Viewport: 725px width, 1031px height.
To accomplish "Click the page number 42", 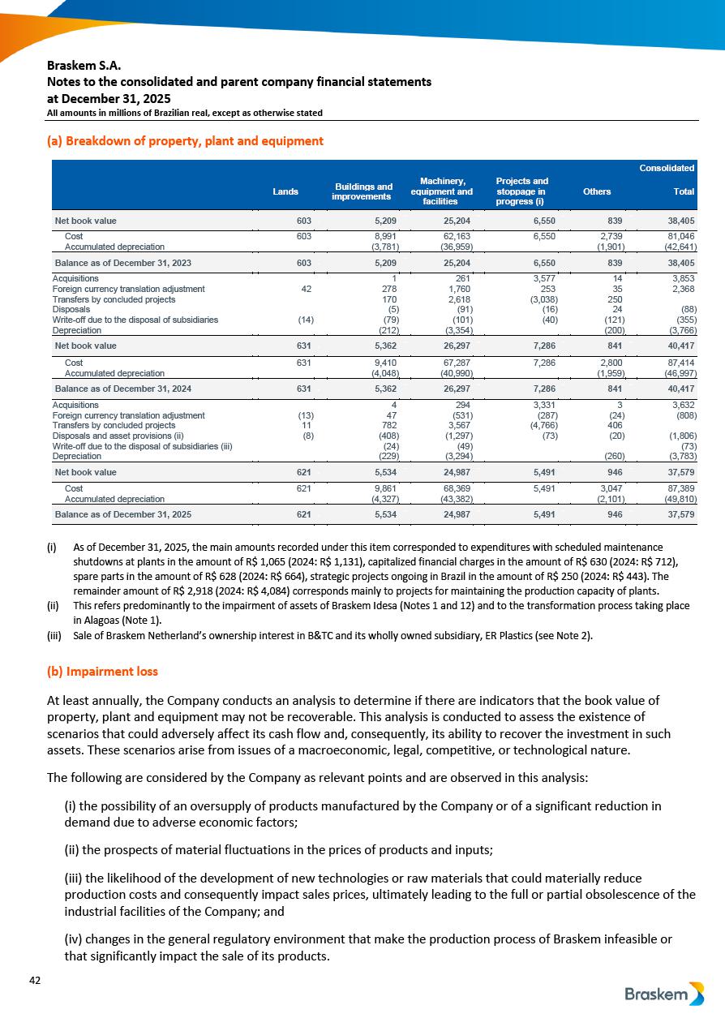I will point(35,981).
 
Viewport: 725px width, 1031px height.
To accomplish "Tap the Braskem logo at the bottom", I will point(664,994).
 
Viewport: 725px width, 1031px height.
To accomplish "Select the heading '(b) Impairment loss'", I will point(102,672).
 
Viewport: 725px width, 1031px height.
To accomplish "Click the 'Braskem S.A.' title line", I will point(84,65).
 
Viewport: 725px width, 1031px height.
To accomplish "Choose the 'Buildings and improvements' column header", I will point(363,191).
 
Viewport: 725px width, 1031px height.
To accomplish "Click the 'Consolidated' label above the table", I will point(667,168).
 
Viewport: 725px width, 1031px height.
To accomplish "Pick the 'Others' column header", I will point(597,191).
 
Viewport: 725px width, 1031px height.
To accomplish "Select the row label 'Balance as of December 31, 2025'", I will point(123,514).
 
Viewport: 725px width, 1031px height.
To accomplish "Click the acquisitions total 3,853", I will point(680,278).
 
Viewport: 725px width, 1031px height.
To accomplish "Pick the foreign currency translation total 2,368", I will point(680,289).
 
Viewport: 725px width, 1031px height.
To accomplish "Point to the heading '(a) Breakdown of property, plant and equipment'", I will point(185,141).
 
